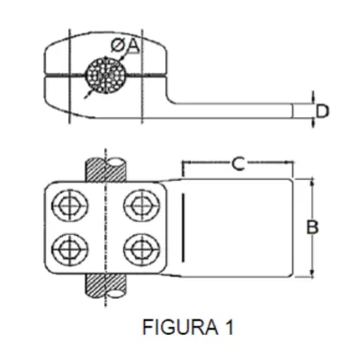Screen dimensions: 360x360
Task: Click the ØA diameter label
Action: pyautogui.click(x=125, y=46)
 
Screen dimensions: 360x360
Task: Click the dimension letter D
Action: pyautogui.click(x=322, y=112)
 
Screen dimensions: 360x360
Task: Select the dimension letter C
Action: pyautogui.click(x=238, y=164)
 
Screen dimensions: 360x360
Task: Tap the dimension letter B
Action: pyautogui.click(x=312, y=227)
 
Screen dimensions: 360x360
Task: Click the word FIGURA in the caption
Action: pyautogui.click(x=180, y=327)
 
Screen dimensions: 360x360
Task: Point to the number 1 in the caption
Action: pyautogui.click(x=229, y=327)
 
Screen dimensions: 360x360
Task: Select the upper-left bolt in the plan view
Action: pyautogui.click(x=70, y=205)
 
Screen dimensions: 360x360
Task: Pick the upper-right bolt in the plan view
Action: pyautogui.click(x=141, y=205)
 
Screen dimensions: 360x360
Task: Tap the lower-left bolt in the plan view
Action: pyautogui.click(x=70, y=249)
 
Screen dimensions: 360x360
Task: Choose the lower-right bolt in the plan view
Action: pyautogui.click(x=141, y=249)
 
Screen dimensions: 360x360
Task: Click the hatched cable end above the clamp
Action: pyautogui.click(x=105, y=169)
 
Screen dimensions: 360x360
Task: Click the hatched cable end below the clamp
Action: pyautogui.click(x=105, y=285)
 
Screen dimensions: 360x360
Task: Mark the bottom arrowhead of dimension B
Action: pyautogui.click(x=313, y=274)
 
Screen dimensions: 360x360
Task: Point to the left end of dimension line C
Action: pyautogui.click(x=183, y=163)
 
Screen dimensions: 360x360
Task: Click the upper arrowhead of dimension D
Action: pyautogui.click(x=313, y=101)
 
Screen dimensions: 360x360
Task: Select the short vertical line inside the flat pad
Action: pyautogui.click(x=183, y=228)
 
